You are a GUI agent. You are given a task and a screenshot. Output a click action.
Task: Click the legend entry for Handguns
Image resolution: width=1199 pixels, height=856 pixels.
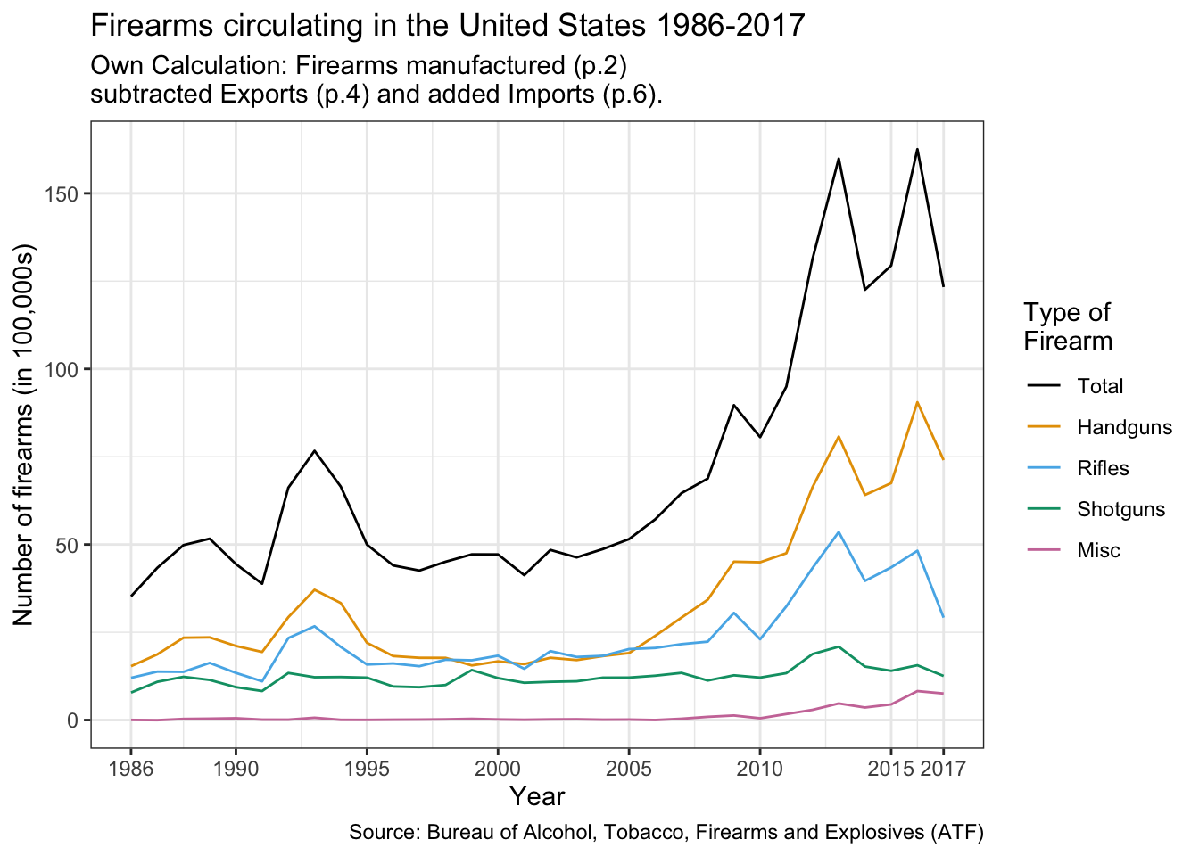[1123, 427]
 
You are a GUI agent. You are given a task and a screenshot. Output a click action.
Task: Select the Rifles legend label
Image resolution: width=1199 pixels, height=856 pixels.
[1103, 468]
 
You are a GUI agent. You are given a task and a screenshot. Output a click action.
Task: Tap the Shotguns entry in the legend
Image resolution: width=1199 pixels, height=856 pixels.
[1120, 509]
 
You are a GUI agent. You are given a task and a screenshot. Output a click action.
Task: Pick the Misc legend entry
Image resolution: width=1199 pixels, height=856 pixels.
[1098, 550]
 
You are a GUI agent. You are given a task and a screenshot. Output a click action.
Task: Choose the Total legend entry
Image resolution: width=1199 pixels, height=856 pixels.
[1100, 386]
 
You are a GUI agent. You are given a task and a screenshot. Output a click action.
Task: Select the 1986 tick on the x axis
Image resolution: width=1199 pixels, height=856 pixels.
[130, 769]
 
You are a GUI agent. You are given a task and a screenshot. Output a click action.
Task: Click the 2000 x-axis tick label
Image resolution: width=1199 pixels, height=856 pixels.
[497, 769]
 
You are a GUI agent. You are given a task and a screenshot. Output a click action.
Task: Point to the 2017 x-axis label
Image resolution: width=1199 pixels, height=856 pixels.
[943, 769]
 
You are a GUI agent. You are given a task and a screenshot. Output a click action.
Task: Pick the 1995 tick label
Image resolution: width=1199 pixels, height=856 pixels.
[366, 769]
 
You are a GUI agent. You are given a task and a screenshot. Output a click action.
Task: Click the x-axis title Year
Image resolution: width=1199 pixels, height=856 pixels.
[537, 796]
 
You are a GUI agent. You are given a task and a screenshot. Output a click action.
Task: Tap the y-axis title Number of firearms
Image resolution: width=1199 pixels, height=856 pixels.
[24, 433]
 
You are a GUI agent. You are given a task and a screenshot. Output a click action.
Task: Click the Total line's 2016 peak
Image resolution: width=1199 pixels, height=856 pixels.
[917, 149]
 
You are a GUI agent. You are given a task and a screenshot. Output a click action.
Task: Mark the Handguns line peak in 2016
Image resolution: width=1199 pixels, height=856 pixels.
[917, 402]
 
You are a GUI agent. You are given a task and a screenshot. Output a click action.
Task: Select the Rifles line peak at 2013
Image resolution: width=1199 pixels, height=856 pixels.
[839, 532]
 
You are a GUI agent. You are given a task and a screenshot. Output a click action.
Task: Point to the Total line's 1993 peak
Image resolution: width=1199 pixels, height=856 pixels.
[314, 451]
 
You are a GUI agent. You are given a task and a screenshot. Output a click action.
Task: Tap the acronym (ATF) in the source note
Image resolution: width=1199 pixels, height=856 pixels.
[956, 833]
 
